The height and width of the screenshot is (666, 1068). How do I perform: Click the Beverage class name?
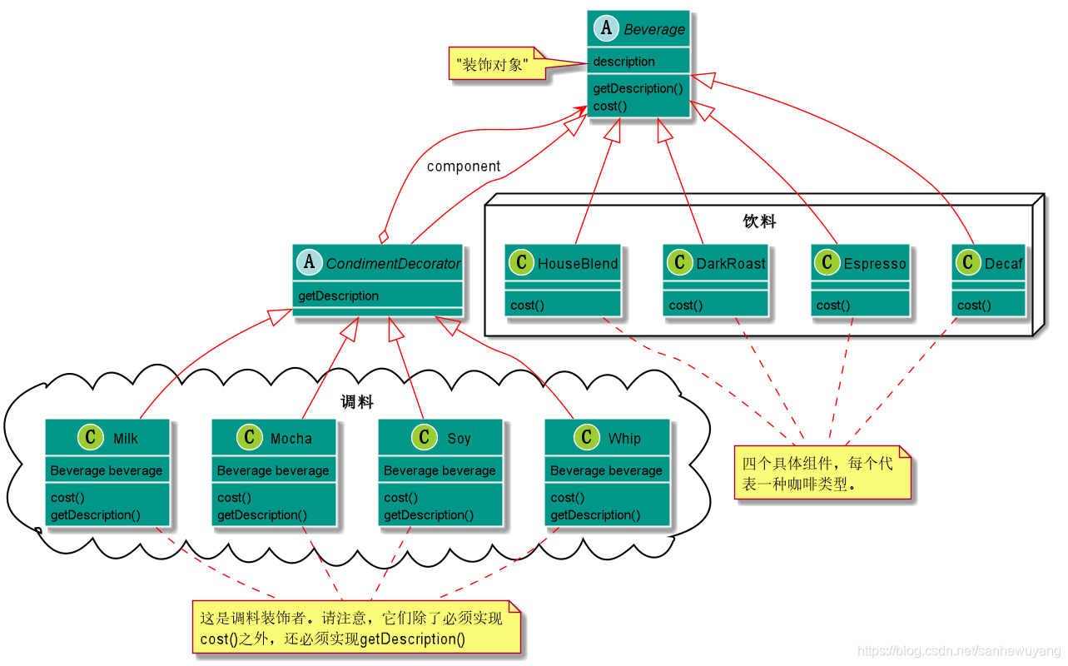[654, 30]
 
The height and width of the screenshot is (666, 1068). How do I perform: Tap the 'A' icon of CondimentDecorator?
[310, 263]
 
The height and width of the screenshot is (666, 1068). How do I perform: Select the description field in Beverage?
[624, 62]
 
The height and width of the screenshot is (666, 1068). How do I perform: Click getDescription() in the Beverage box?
[638, 88]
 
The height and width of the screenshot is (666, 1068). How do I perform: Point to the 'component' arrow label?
[464, 166]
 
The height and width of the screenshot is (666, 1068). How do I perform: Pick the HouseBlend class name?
[578, 264]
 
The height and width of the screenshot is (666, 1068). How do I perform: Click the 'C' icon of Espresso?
[827, 263]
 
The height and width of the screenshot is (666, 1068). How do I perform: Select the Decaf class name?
[1003, 264]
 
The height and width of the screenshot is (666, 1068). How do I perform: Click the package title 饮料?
[759, 221]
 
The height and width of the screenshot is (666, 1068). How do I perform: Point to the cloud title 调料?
[357, 402]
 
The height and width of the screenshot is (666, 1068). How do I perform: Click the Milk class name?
[126, 439]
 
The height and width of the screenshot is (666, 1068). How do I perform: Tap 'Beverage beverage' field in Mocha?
[273, 470]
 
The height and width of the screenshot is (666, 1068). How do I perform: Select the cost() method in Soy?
[400, 498]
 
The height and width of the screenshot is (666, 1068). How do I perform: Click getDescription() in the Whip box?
[595, 515]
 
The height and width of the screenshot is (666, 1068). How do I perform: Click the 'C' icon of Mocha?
[250, 437]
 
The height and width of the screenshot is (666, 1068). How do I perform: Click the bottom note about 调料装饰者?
[356, 629]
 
